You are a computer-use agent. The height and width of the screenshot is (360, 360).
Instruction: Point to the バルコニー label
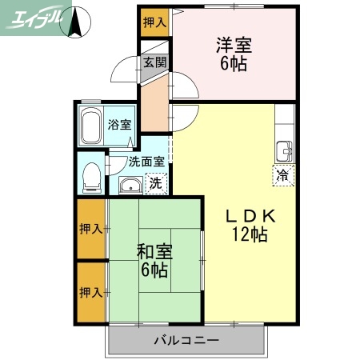click(x=186, y=341)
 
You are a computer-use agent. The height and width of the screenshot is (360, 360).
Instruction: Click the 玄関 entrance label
click(x=154, y=62)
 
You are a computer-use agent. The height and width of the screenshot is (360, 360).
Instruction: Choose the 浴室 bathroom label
click(x=121, y=125)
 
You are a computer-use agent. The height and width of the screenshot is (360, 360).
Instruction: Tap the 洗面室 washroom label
click(x=146, y=161)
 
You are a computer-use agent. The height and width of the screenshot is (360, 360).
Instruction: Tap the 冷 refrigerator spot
click(x=282, y=174)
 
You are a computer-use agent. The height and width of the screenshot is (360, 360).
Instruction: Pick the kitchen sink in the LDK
click(x=284, y=150)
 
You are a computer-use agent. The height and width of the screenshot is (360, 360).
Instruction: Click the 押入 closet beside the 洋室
click(x=153, y=22)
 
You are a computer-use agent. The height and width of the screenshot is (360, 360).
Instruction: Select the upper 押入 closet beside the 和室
click(x=91, y=229)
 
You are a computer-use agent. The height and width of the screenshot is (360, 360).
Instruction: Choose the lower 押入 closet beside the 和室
click(x=91, y=292)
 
